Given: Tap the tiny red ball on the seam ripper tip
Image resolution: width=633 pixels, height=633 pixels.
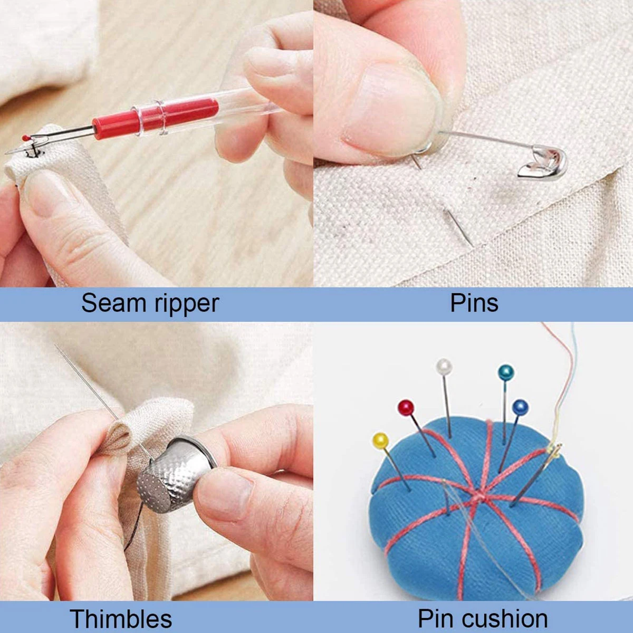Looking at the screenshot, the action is pyautogui.click(x=25, y=137).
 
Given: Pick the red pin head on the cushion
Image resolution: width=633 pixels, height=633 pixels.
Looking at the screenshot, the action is pyautogui.click(x=406, y=408).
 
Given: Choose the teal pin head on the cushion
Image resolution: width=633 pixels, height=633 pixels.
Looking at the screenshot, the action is pyautogui.click(x=506, y=372).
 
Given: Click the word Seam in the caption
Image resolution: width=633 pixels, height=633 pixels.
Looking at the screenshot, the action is pyautogui.click(x=114, y=303).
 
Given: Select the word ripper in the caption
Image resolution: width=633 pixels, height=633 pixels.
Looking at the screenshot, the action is pyautogui.click(x=186, y=304).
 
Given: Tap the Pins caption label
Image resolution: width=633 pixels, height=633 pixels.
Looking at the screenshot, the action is pyautogui.click(x=474, y=303).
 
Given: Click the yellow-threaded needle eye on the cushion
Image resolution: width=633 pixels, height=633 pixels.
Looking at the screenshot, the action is pyautogui.click(x=554, y=453).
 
